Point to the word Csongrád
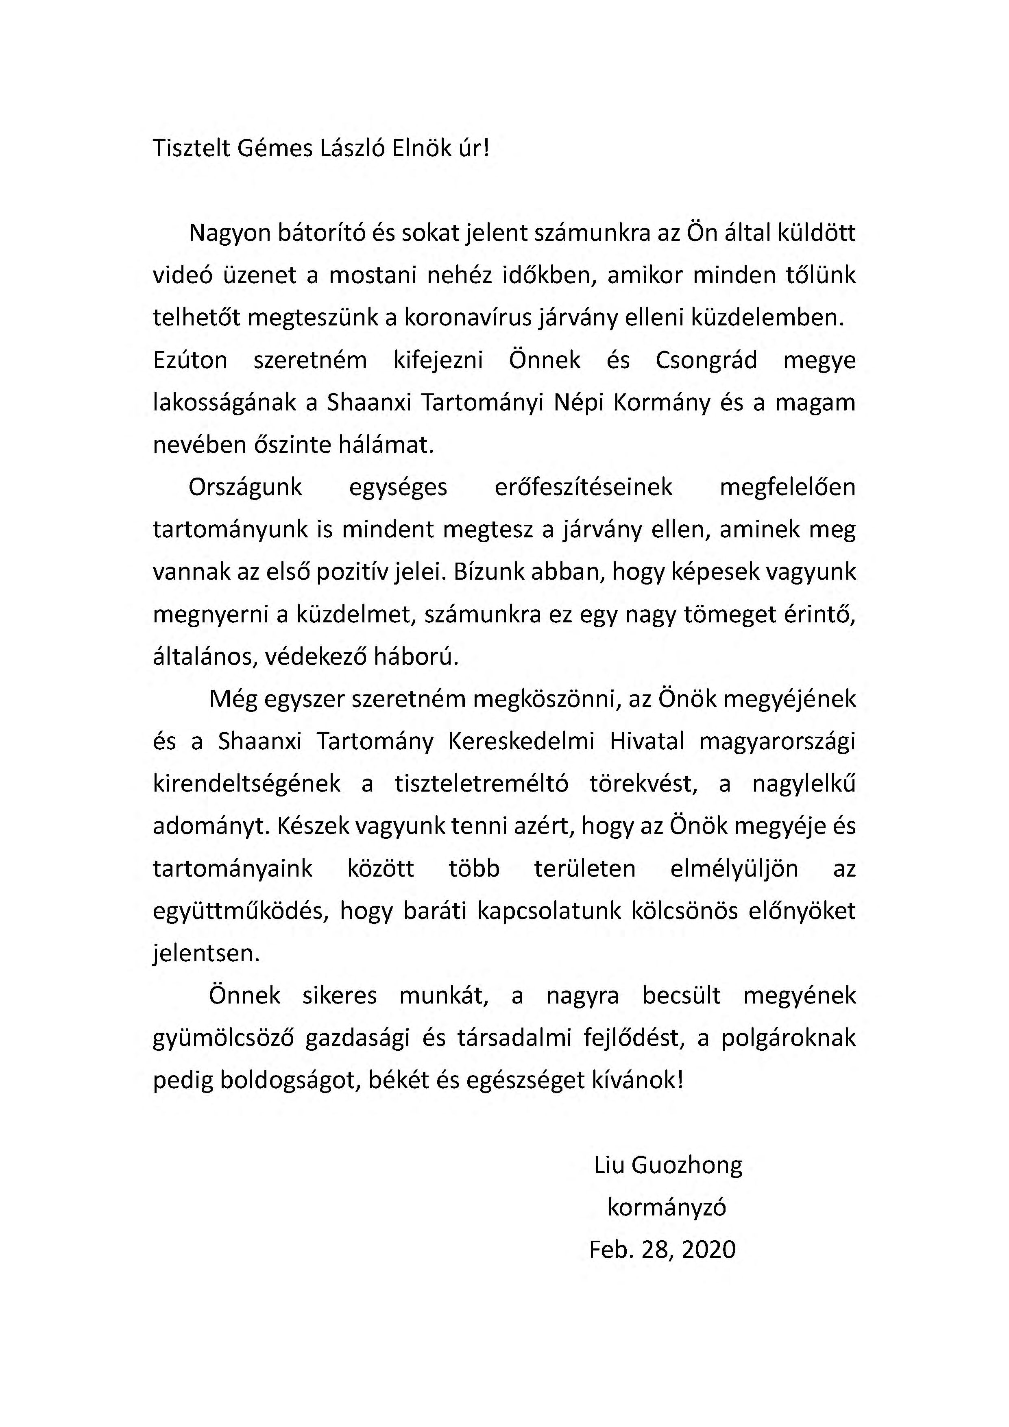[x=706, y=360]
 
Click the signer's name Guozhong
[x=686, y=1165]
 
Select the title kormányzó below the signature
[x=666, y=1208]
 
